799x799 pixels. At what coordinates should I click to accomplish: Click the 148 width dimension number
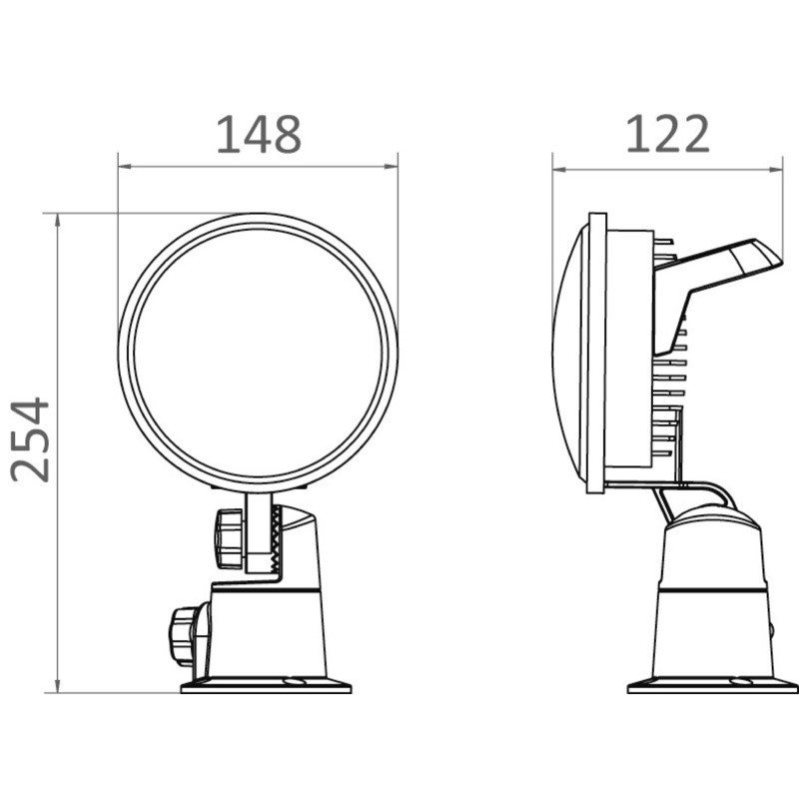[258, 135]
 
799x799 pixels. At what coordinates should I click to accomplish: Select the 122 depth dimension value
[667, 135]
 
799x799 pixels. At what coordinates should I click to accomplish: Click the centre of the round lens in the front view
[258, 353]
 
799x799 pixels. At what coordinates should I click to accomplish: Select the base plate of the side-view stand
[711, 686]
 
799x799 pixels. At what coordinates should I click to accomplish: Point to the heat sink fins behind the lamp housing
[671, 399]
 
